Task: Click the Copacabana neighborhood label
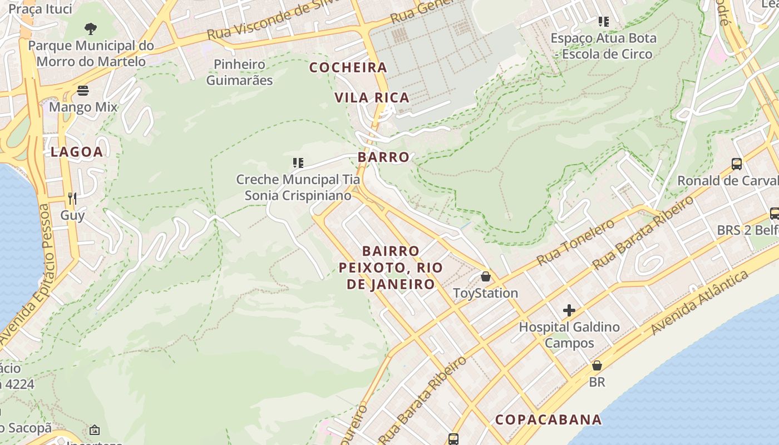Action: click(548, 419)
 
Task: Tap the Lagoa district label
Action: click(77, 152)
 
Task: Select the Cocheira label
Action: click(348, 67)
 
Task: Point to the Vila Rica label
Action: click(372, 97)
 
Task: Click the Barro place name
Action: click(383, 157)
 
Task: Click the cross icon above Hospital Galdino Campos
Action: click(569, 310)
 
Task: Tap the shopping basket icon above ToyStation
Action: click(485, 276)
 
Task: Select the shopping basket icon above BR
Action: click(596, 365)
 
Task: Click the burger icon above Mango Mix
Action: click(83, 90)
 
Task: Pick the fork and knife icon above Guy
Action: click(72, 198)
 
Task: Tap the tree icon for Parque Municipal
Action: click(90, 28)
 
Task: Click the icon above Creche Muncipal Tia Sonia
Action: click(298, 162)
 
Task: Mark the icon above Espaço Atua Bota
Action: click(603, 22)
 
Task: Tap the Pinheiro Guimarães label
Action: click(240, 72)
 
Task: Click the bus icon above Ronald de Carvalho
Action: click(736, 164)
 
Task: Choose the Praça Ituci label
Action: click(41, 8)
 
